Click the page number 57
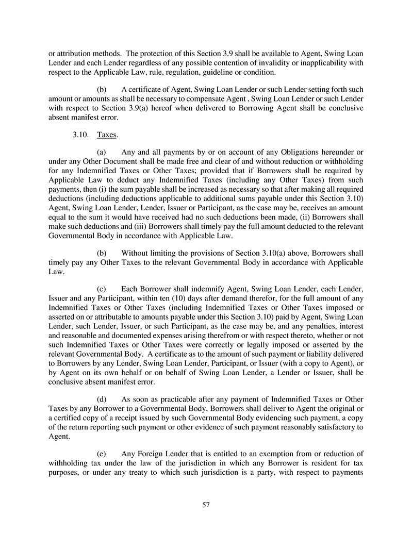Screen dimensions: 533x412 (206, 505)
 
